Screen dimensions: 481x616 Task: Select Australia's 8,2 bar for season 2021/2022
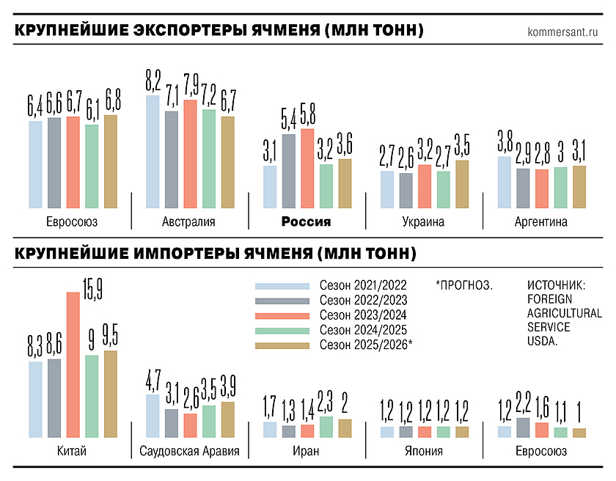coord(153,151)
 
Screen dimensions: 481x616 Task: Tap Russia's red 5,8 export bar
coord(307,168)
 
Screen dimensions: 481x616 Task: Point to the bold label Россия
coord(307,222)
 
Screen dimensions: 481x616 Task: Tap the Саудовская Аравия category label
coord(189,451)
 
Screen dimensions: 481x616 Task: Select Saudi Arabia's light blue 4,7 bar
coord(153,416)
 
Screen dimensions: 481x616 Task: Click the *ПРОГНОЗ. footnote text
coord(463,285)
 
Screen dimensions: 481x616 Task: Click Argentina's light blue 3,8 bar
coord(505,182)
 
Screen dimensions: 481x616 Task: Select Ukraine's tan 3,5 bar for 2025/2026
coord(462,183)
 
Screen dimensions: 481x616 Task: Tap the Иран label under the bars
coord(307,451)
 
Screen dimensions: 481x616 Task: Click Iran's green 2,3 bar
coord(326,427)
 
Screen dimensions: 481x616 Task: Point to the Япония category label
coord(424,451)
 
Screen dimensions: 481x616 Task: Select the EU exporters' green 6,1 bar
coord(92,166)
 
